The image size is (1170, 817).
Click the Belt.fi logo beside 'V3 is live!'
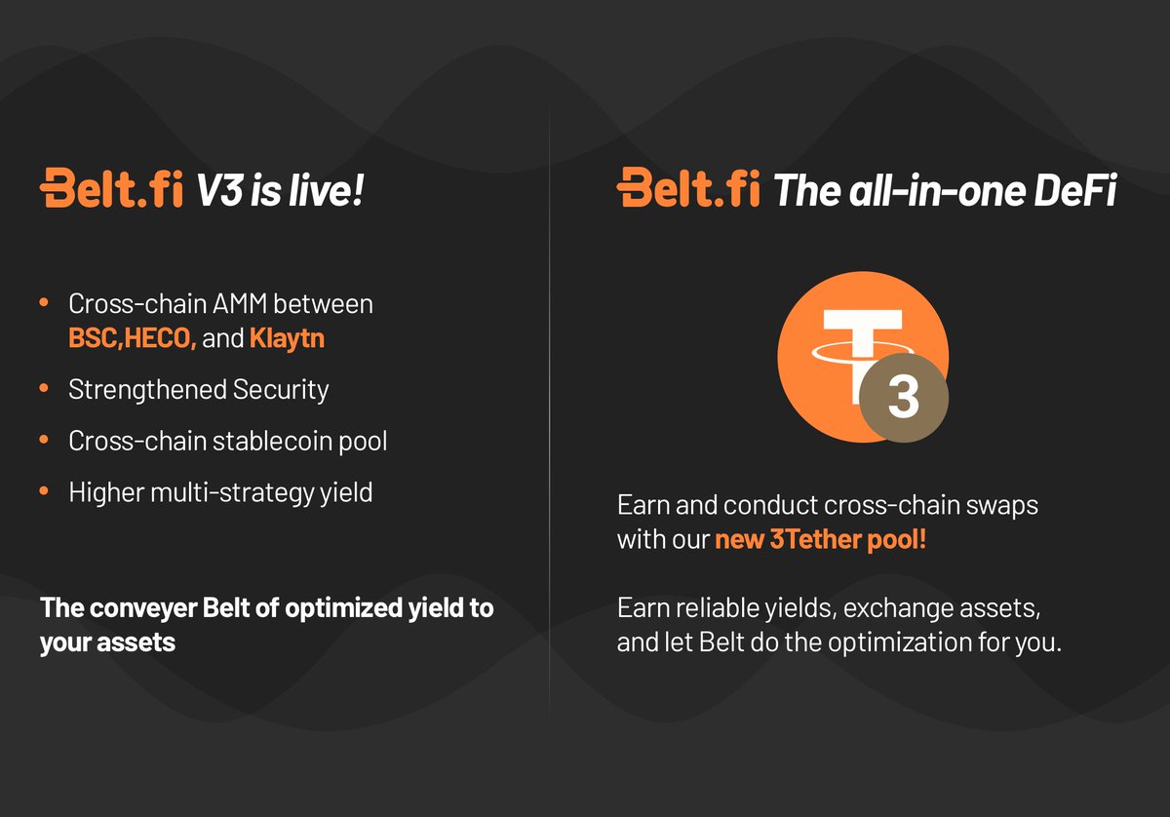pos(111,188)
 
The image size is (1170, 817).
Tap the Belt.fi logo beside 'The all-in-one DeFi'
pos(688,188)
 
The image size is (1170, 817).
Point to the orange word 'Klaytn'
pos(288,338)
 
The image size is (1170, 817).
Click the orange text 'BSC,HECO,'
pos(133,338)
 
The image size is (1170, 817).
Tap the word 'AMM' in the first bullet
pos(237,303)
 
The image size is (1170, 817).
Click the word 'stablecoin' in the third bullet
pos(273,441)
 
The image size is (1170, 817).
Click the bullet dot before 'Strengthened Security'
pos(44,390)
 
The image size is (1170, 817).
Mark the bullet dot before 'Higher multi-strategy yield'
pos(44,492)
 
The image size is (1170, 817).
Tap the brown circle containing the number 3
pos(903,399)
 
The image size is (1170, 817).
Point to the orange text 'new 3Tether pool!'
pos(820,539)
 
